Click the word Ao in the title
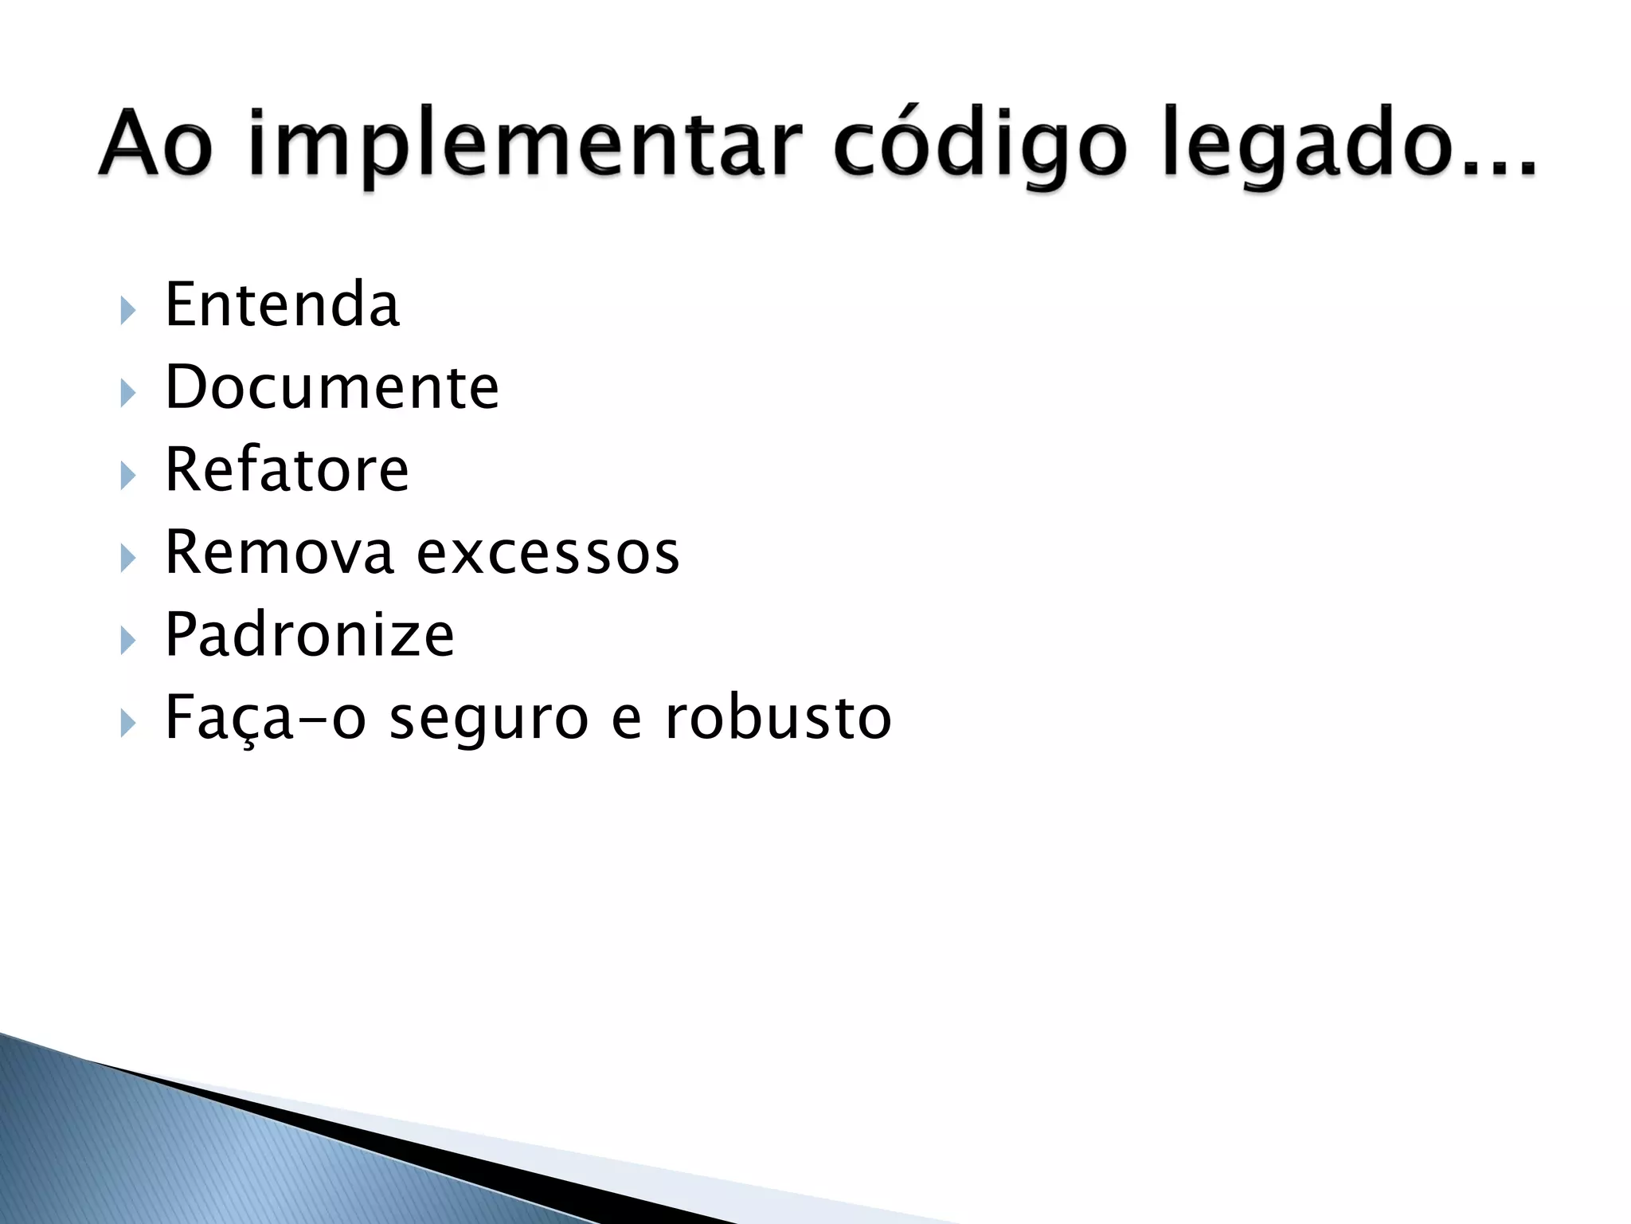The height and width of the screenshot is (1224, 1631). pos(156,144)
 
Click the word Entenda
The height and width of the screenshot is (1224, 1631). pos(282,305)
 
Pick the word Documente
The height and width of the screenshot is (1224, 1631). pos(332,388)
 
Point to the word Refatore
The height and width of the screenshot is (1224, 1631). pos(287,470)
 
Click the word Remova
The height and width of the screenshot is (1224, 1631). pos(279,552)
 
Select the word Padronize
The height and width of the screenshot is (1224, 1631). pos(309,635)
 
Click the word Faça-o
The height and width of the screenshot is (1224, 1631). pos(265,718)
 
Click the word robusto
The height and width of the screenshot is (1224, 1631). pos(778,718)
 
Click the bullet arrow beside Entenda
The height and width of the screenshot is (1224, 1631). pos(127,311)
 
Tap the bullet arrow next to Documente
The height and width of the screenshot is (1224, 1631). pos(127,393)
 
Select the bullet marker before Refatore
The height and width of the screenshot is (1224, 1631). pos(127,476)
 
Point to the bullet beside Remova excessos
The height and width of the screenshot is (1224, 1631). pos(127,558)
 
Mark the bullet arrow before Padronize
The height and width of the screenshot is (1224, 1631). pos(127,640)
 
